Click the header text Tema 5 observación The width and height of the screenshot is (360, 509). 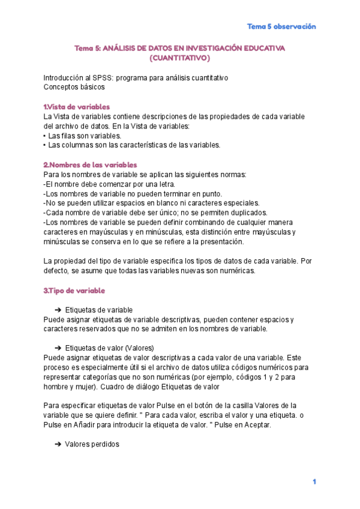(x=281, y=26)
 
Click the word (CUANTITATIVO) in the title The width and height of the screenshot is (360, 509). (x=179, y=58)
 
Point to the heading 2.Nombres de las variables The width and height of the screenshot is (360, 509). (x=90, y=164)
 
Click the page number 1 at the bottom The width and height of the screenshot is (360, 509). (x=313, y=482)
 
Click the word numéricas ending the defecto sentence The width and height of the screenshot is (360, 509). (x=238, y=271)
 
